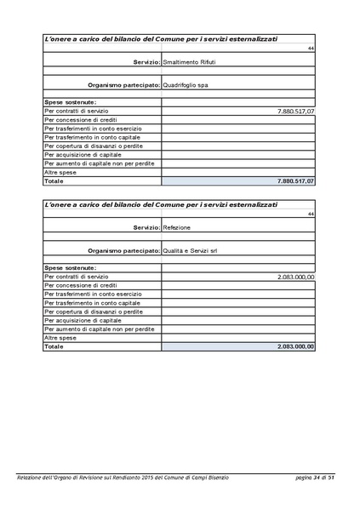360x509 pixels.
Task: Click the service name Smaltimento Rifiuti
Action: (190, 64)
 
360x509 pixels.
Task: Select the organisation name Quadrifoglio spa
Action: (190, 84)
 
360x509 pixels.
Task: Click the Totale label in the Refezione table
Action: (54, 346)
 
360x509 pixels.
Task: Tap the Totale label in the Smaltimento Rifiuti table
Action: (54, 181)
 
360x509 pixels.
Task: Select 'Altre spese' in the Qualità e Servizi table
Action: (60, 338)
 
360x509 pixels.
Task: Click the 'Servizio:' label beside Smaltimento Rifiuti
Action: (146, 64)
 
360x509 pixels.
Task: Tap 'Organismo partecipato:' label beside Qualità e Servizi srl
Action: (123, 250)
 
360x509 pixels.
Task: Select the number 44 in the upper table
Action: (311, 48)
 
